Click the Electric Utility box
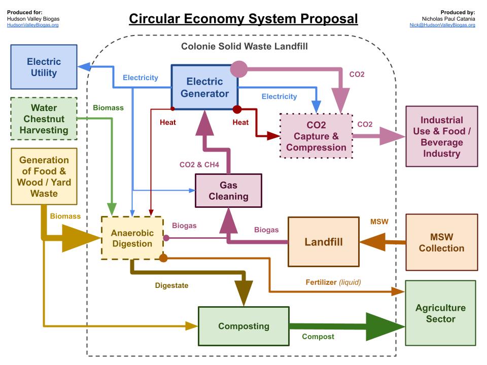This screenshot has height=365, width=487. (x=44, y=67)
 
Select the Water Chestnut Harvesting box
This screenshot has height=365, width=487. (x=44, y=119)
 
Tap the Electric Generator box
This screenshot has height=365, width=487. (x=204, y=87)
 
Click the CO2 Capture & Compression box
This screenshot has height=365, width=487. (x=316, y=136)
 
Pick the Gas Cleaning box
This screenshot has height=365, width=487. (x=228, y=191)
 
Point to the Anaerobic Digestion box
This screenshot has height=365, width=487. (x=132, y=238)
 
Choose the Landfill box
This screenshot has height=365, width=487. (x=323, y=242)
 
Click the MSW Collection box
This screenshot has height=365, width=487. (x=441, y=242)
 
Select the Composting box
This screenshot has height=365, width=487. (x=243, y=326)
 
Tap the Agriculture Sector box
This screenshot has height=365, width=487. (x=440, y=313)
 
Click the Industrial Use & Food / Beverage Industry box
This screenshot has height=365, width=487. (x=441, y=136)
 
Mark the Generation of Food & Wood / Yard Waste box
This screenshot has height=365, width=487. (x=44, y=176)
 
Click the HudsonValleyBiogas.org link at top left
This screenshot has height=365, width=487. (x=32, y=25)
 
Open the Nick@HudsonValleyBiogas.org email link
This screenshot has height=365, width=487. (x=442, y=25)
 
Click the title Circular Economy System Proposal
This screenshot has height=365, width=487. (x=243, y=19)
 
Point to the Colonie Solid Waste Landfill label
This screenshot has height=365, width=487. (x=244, y=46)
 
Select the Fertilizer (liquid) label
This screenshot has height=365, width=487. (x=333, y=282)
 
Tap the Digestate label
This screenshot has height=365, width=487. (x=171, y=285)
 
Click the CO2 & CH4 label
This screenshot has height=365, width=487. (x=200, y=165)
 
